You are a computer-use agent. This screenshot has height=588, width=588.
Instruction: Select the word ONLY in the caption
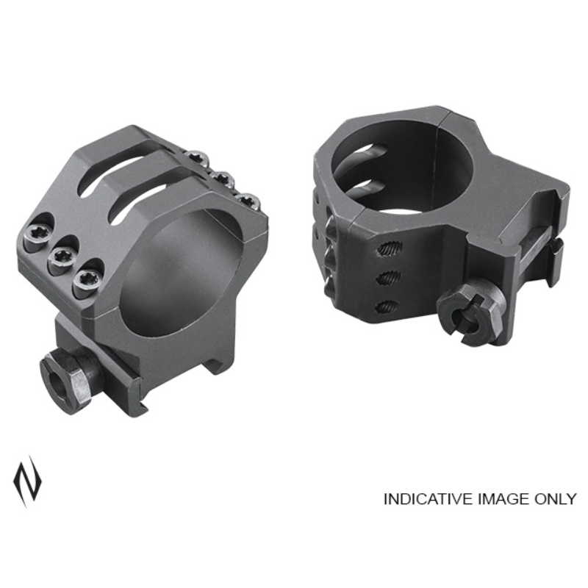click(x=554, y=499)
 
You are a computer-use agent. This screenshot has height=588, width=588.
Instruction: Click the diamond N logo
click(x=27, y=481)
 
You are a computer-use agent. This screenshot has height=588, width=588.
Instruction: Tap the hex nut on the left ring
click(x=68, y=383)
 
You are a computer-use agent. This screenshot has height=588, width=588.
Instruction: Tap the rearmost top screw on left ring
click(x=198, y=157)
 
